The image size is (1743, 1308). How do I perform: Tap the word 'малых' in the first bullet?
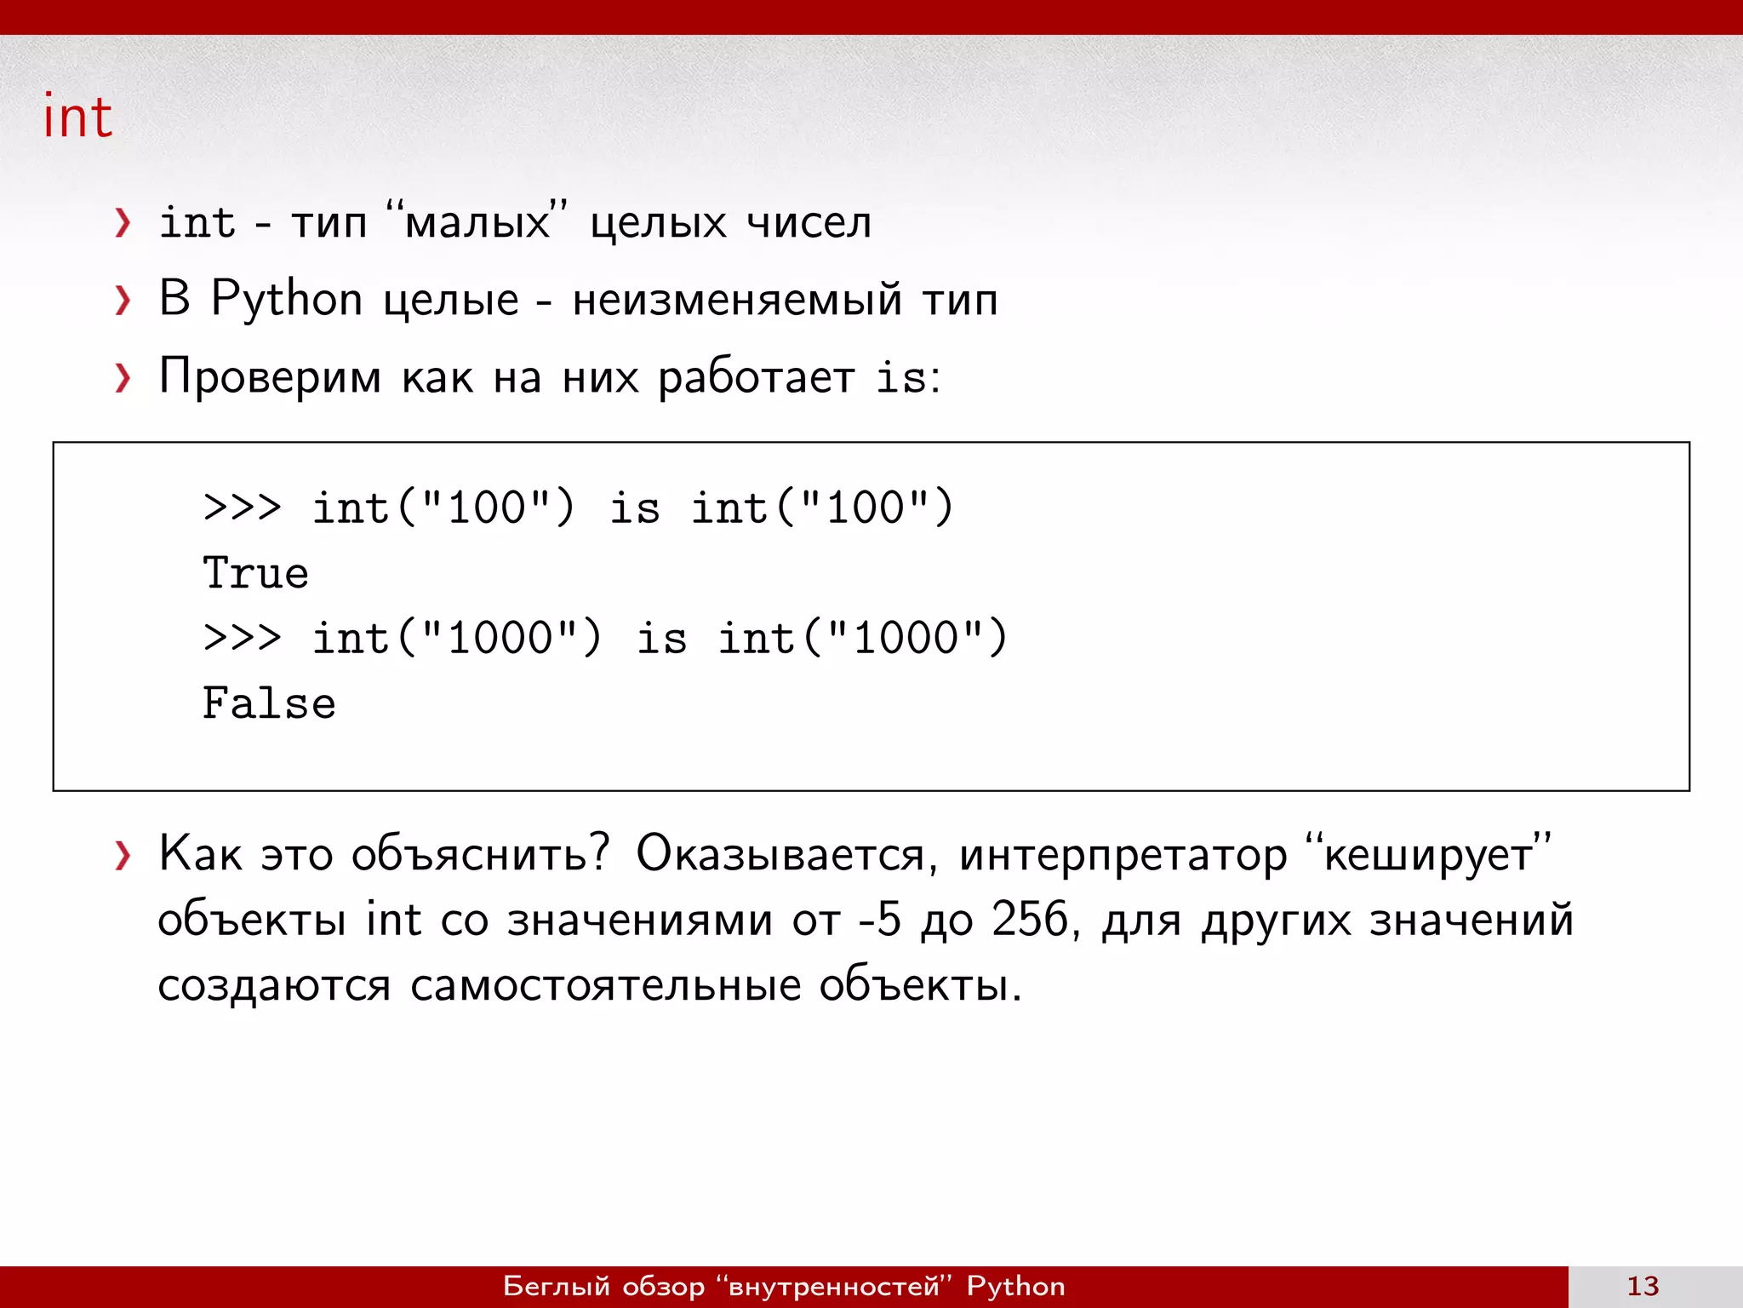click(x=477, y=223)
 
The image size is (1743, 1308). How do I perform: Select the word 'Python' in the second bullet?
click(x=287, y=300)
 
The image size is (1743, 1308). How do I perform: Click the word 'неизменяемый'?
click(x=736, y=300)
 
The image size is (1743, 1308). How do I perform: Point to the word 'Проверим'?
click(x=270, y=377)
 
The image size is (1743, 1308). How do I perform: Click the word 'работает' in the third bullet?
click(x=756, y=377)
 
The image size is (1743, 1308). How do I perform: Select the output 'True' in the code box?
click(x=255, y=573)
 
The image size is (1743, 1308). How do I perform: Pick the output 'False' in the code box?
click(x=269, y=703)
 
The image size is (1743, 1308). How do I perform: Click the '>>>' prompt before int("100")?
click(x=242, y=508)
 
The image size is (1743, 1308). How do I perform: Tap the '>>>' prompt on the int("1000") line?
click(x=242, y=638)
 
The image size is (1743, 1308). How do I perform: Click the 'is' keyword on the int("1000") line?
click(x=661, y=638)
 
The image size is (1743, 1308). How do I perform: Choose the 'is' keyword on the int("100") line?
click(x=634, y=508)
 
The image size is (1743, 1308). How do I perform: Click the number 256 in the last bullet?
click(x=1030, y=920)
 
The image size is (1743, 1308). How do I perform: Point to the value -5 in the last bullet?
click(x=879, y=920)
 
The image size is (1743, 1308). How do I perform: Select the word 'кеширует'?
click(x=1427, y=854)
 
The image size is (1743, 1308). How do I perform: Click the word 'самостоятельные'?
click(x=606, y=986)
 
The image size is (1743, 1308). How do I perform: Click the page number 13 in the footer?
click(x=1643, y=1286)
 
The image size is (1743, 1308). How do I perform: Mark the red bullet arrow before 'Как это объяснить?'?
click(x=123, y=855)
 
